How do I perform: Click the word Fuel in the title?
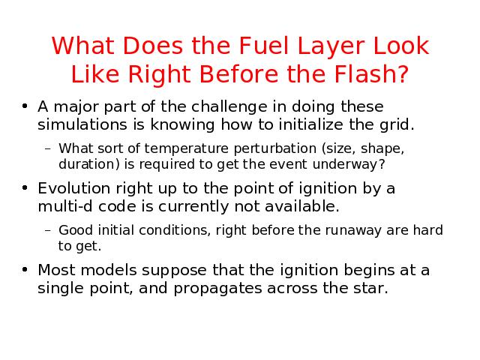tap(264, 46)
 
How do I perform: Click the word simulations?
tap(82, 124)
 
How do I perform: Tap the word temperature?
tap(187, 148)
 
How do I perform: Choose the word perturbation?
tap(275, 148)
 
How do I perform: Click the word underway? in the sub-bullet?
tap(349, 165)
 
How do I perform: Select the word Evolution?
tap(73, 188)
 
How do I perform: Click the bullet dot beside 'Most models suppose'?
tap(25, 269)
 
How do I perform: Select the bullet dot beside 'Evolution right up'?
tap(25, 187)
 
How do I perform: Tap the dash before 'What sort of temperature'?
tap(47, 149)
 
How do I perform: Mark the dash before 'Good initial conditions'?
tap(47, 230)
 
